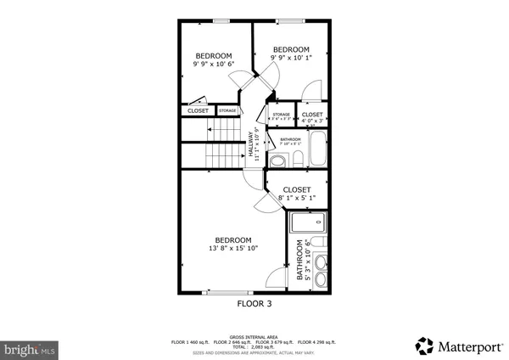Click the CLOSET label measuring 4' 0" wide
coord(311,115)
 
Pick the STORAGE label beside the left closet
coord(227,110)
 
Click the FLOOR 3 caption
coord(254,301)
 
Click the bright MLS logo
coord(30,347)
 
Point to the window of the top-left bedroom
coord(221,20)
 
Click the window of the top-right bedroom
coord(290,20)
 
